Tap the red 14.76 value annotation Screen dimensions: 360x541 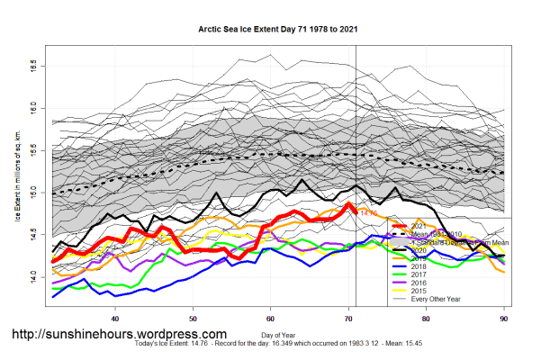367,212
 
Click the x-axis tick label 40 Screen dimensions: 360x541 115,318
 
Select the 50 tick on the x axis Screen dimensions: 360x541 193,318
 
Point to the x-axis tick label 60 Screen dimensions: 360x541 270,318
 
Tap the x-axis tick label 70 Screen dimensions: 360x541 348,318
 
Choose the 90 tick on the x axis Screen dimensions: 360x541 503,318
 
